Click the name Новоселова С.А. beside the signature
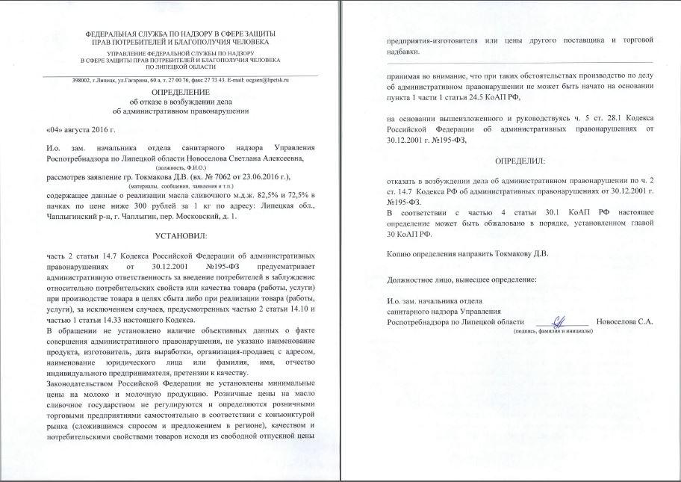[624, 322]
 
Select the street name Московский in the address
[212, 215]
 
